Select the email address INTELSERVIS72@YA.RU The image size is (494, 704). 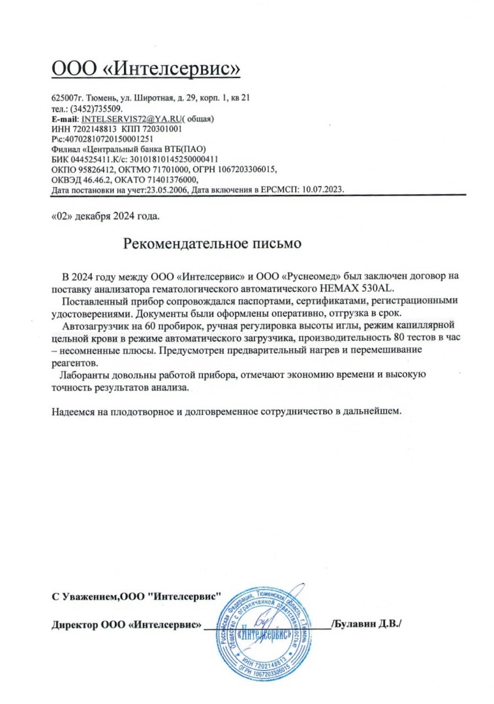coord(131,119)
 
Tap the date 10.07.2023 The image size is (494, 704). coord(320,189)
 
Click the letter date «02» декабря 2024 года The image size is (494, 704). coord(104,215)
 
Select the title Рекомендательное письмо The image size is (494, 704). coord(212,244)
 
